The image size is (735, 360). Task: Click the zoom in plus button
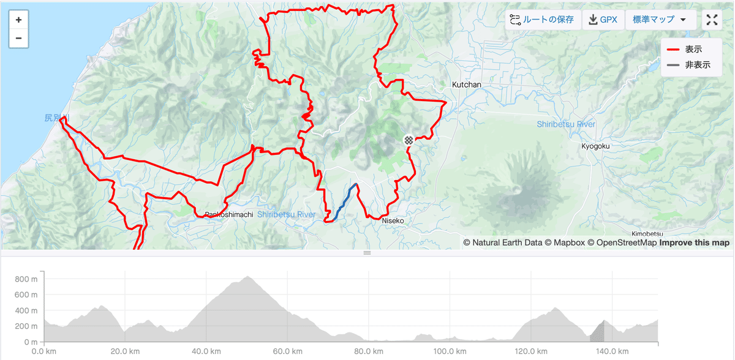[18, 20]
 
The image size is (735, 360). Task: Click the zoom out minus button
[18, 38]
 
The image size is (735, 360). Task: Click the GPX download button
[603, 20]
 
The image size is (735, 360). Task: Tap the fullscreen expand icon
[712, 20]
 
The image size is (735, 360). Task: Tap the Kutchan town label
[466, 84]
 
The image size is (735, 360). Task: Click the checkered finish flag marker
[409, 140]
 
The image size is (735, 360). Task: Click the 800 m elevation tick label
[27, 279]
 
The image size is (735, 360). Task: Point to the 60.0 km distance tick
[287, 351]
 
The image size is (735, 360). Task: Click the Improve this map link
[694, 242]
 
